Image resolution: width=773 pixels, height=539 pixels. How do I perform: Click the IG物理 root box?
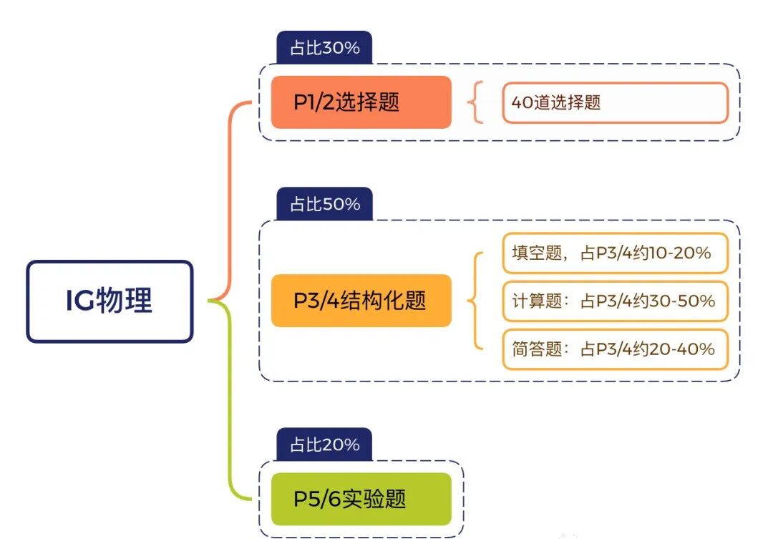click(x=110, y=301)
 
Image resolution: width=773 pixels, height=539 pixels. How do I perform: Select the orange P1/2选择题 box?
click(x=361, y=102)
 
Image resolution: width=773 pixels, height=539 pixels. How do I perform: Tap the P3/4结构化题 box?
click(x=361, y=301)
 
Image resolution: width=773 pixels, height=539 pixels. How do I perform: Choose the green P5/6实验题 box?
click(x=361, y=499)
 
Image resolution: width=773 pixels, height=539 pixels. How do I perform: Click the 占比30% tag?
click(x=324, y=48)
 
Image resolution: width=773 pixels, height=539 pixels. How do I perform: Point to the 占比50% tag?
click(x=324, y=204)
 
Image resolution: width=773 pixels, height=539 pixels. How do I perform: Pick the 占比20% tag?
click(x=324, y=445)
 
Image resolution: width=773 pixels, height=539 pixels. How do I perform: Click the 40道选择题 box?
click(x=615, y=102)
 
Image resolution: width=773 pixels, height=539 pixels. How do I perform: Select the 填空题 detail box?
click(x=615, y=253)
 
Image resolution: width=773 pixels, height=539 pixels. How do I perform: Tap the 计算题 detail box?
click(x=615, y=301)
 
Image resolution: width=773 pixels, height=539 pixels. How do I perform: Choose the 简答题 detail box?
click(x=615, y=349)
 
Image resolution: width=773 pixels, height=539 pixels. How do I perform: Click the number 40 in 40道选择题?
click(x=520, y=102)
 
